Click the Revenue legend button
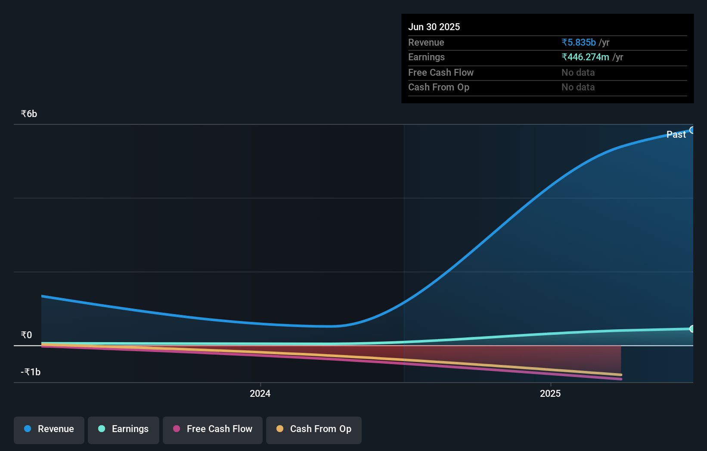(49, 429)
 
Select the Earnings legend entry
(124, 429)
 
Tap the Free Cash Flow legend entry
(213, 429)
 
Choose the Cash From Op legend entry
(314, 429)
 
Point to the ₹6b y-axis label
(29, 114)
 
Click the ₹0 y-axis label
(26, 335)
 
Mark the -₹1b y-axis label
(31, 372)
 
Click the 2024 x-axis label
(260, 394)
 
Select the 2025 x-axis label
(550, 394)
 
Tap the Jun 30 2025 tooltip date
(434, 27)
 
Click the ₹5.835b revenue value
(579, 43)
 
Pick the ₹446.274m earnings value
(585, 57)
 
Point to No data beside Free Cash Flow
(578, 73)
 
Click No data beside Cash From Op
(578, 87)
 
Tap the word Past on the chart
(676, 135)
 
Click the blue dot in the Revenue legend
(28, 429)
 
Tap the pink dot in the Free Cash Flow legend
(177, 429)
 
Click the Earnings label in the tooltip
(426, 57)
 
